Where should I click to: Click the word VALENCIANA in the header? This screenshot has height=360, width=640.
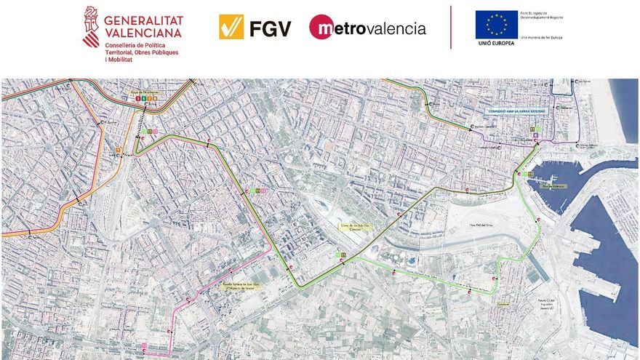click(x=144, y=33)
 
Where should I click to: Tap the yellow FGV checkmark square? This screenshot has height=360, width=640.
click(x=231, y=27)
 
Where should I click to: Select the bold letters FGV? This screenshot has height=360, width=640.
click(x=271, y=28)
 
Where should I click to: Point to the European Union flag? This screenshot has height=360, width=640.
click(x=496, y=24)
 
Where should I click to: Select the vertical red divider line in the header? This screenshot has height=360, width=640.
click(x=451, y=28)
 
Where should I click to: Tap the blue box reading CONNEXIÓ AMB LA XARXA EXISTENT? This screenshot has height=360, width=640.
click(x=516, y=111)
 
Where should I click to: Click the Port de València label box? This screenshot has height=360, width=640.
click(x=553, y=186)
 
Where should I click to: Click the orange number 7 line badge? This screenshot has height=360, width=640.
click(x=119, y=151)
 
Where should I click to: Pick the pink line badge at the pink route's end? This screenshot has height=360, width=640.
click(x=144, y=345)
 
